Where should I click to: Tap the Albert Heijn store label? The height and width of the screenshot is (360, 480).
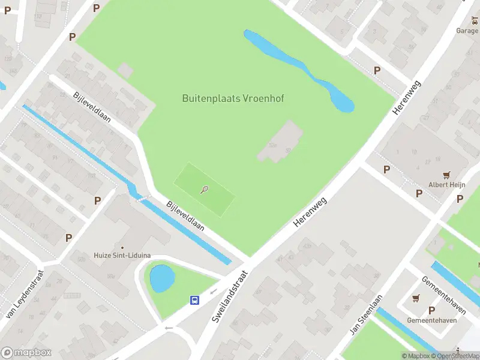(446, 185)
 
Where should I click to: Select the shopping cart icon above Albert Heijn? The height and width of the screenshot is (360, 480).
(446, 175)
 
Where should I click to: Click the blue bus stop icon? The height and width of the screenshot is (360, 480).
(195, 300)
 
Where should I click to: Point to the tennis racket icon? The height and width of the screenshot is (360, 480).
(205, 190)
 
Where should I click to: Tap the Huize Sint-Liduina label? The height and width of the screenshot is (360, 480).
(122, 256)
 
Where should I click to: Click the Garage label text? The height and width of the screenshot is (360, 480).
(467, 31)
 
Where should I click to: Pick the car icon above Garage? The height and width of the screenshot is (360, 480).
(475, 22)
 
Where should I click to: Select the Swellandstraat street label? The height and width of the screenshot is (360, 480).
(230, 296)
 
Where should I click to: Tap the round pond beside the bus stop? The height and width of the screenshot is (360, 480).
(162, 278)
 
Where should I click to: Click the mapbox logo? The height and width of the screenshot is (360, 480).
(26, 353)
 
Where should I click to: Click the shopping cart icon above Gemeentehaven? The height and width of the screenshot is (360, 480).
(416, 298)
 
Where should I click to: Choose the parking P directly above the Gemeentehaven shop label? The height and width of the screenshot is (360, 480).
(431, 310)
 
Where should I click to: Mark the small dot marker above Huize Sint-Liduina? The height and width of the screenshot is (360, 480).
(122, 247)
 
